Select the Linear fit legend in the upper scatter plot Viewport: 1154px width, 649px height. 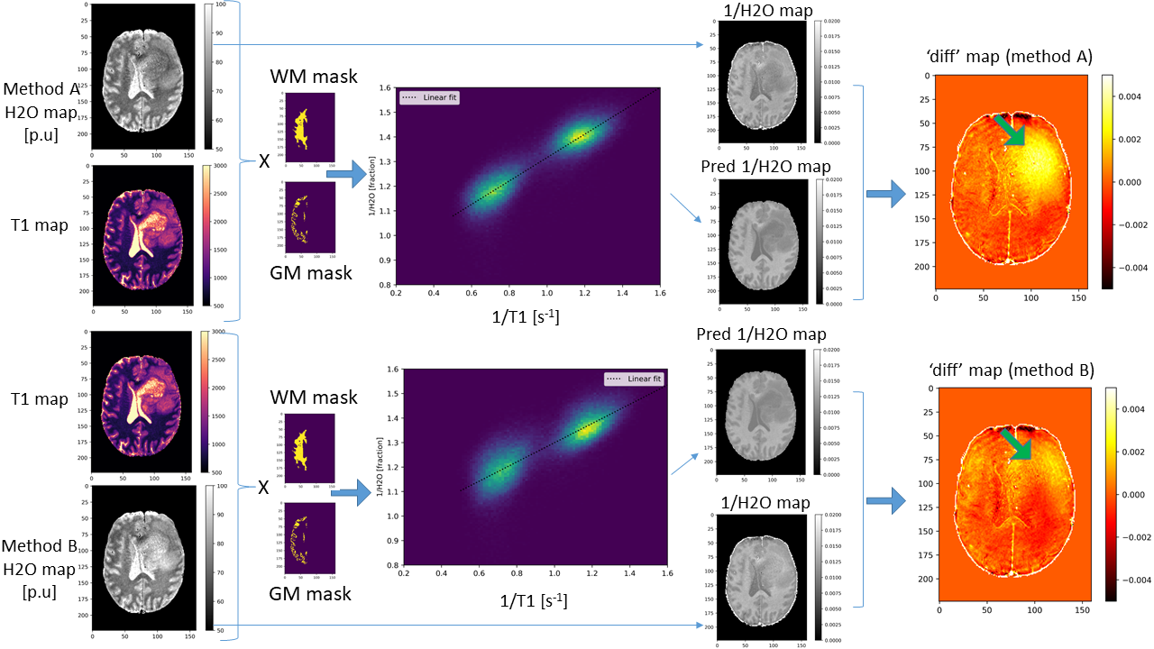coord(430,97)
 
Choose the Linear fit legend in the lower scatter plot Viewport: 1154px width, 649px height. coord(634,379)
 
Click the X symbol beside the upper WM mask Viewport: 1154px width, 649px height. coord(264,162)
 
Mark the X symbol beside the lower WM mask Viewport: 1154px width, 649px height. coord(264,488)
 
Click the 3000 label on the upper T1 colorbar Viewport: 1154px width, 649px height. coord(221,168)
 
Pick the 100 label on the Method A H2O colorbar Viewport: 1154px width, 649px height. coord(221,5)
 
